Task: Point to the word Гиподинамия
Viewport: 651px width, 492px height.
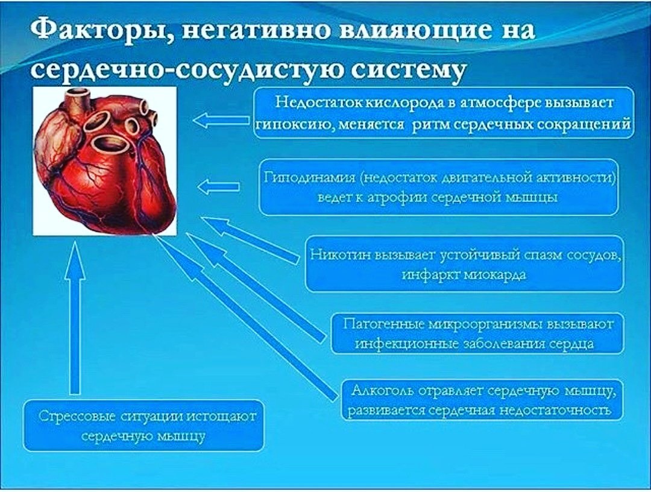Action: pyautogui.click(x=310, y=178)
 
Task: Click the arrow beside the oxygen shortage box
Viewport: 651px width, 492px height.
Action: pyautogui.click(x=222, y=121)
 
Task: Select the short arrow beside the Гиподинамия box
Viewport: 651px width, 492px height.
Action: pyautogui.click(x=218, y=186)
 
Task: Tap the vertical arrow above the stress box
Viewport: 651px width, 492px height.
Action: pyautogui.click(x=75, y=318)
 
